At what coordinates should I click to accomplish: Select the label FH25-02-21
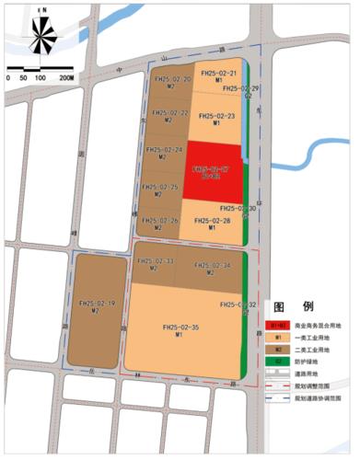click(220, 74)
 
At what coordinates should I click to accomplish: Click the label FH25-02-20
click(172, 80)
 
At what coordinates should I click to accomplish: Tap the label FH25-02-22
click(170, 113)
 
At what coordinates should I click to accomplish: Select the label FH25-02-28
click(213, 222)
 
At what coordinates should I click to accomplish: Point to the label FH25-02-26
click(160, 221)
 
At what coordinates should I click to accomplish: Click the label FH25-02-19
click(96, 304)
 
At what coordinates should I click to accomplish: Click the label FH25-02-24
click(165, 150)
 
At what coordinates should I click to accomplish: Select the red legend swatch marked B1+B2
click(276, 326)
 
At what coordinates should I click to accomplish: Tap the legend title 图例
click(294, 307)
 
